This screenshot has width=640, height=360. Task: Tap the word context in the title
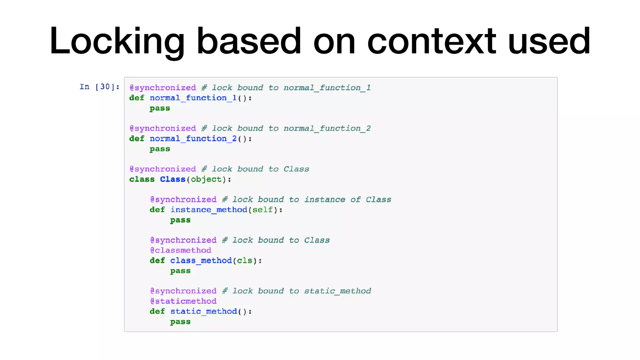(432, 41)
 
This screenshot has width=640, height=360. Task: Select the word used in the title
(549, 41)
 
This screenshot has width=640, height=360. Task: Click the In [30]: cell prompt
(99, 87)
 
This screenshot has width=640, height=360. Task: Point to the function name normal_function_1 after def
(193, 98)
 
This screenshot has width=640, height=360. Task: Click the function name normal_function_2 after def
(193, 139)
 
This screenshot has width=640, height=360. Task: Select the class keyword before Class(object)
(142, 179)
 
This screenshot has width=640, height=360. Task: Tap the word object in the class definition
(206, 179)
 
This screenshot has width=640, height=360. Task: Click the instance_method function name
(209, 210)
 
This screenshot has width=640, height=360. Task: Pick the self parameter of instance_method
(262, 210)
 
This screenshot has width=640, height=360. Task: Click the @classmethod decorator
(181, 250)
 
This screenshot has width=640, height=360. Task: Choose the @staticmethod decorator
(183, 301)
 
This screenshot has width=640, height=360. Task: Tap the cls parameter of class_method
(244, 261)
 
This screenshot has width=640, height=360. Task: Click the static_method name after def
(203, 312)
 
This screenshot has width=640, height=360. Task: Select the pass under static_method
(180, 322)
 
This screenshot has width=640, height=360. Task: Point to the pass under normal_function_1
(160, 108)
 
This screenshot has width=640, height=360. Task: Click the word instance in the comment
(325, 200)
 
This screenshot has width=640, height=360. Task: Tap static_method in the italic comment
(337, 291)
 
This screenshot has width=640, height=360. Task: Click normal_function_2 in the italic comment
(327, 128)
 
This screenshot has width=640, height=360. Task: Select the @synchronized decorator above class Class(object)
(163, 169)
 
